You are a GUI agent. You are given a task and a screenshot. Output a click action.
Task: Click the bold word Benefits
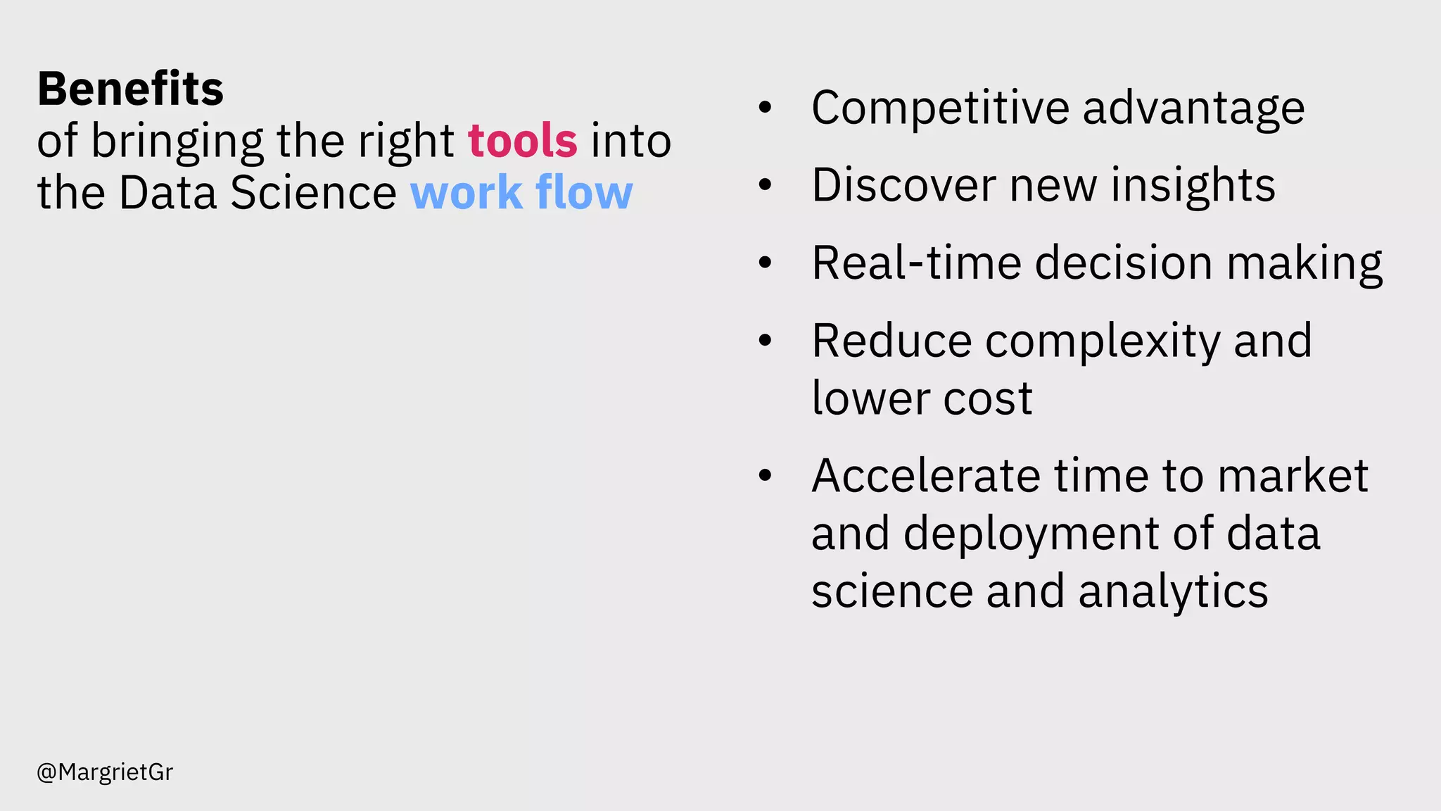click(130, 89)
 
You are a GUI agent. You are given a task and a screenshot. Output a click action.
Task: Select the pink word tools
click(523, 141)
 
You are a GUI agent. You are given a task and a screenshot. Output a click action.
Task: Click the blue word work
click(466, 192)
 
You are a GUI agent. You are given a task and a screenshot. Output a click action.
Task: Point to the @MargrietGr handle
click(105, 772)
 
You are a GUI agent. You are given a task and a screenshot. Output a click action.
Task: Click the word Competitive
click(940, 108)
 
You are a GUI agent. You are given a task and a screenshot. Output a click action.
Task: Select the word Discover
click(903, 185)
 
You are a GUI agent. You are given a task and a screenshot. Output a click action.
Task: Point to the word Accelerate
click(925, 476)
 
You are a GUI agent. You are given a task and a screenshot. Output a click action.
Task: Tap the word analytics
click(1173, 592)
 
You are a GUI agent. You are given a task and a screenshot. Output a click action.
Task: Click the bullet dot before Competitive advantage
click(765, 108)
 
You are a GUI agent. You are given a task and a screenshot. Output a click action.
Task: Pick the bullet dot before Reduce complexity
click(765, 341)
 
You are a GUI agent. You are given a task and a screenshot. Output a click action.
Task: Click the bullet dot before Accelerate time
click(765, 477)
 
